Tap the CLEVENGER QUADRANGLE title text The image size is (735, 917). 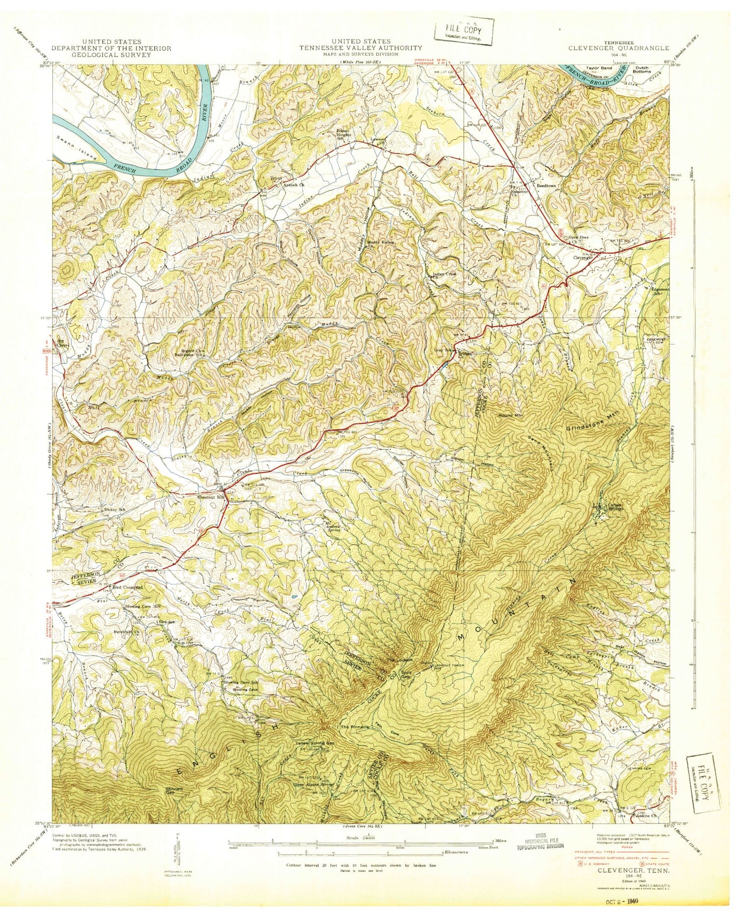pos(618,48)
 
